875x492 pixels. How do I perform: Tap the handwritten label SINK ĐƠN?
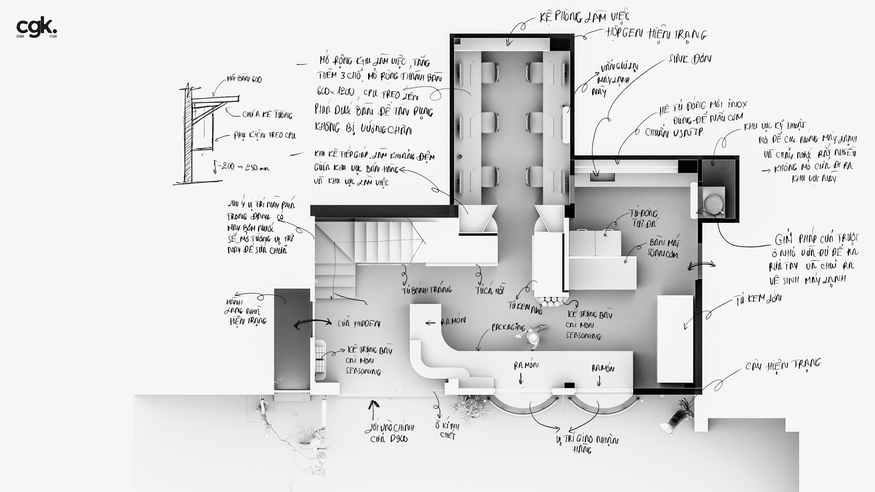click(690, 59)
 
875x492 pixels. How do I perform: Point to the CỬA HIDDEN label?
click(359, 324)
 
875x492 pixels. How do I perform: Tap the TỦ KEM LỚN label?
click(757, 299)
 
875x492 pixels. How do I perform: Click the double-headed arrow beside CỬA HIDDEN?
click(312, 323)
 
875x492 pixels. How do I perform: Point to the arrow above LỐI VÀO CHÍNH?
click(373, 409)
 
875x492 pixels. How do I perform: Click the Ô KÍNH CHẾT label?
click(447, 430)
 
